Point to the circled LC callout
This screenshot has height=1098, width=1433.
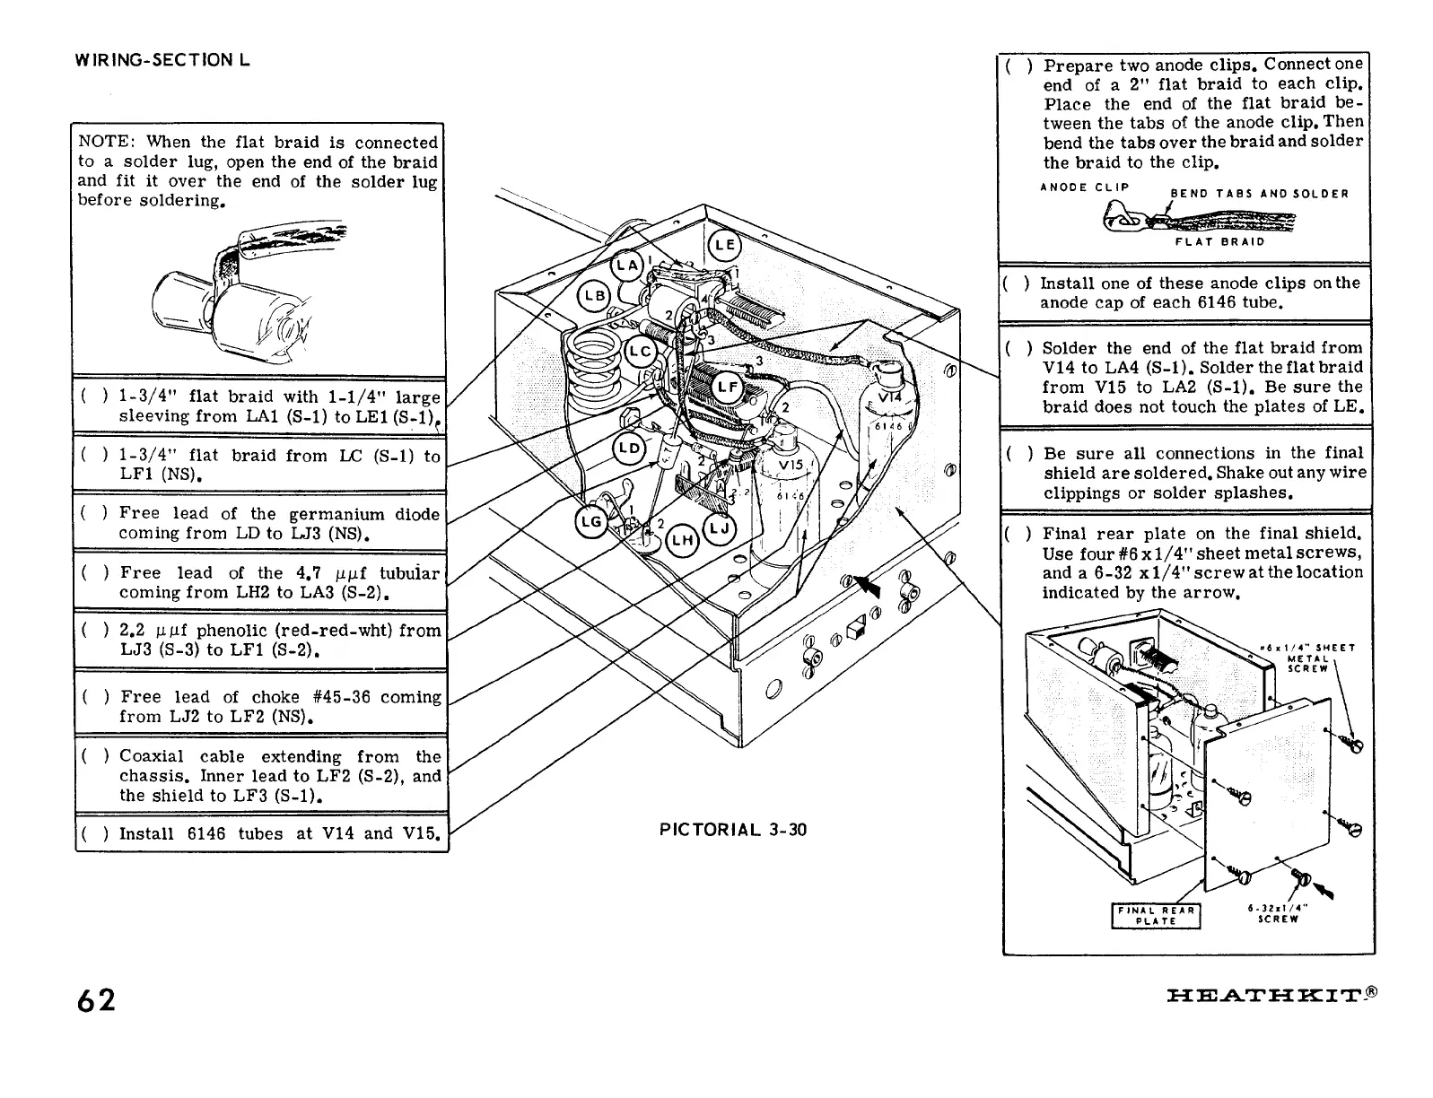[x=640, y=351]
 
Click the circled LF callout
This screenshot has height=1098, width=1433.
[x=727, y=388]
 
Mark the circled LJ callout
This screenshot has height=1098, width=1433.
[x=720, y=528]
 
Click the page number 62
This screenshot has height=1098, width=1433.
[x=95, y=999]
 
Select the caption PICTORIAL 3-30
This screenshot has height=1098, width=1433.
[x=733, y=830]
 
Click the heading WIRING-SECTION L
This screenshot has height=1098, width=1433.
[x=162, y=60]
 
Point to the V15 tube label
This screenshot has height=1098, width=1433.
[x=790, y=467]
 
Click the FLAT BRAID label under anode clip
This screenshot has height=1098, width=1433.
[x=1219, y=240]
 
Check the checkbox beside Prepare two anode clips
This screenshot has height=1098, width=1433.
[x=1018, y=66]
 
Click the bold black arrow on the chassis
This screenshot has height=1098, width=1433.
[x=867, y=587]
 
